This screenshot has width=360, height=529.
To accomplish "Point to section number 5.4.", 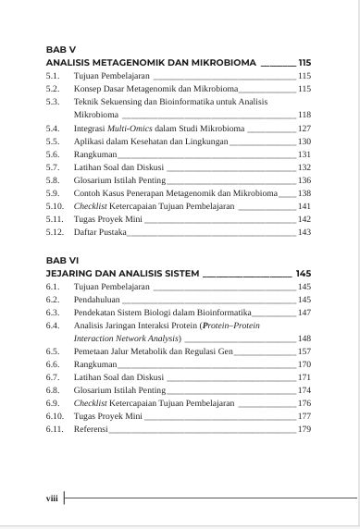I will click(x=53, y=128).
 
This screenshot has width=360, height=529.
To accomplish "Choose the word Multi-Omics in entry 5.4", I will click(x=125, y=128).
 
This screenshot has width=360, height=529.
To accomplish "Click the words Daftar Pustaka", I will click(x=99, y=232).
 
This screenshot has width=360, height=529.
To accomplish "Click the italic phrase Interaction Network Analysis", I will click(x=127, y=339).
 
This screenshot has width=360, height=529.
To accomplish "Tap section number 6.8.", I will click(x=53, y=391).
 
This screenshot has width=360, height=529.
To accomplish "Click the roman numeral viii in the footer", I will click(x=53, y=498).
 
